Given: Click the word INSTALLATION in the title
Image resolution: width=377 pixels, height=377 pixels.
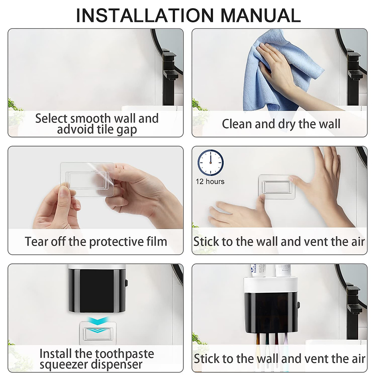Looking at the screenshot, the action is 145,15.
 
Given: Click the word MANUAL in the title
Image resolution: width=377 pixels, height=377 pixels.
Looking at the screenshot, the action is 261,15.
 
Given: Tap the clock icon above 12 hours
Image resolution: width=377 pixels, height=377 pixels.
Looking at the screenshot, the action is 210,162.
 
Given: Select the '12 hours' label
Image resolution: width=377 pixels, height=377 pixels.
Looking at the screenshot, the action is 210,182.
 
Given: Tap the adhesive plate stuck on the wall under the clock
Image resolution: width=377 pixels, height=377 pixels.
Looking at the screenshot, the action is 277,187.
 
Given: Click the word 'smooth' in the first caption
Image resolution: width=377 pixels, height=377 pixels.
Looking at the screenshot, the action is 90,118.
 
